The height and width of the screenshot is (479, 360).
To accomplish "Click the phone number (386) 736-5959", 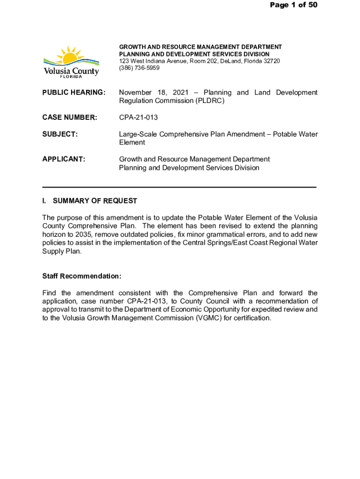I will pyautogui.click(x=139, y=68).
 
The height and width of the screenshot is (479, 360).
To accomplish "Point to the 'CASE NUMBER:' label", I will pyautogui.click(x=70, y=117).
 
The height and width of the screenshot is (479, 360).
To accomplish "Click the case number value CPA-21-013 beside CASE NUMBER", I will pyautogui.click(x=138, y=117).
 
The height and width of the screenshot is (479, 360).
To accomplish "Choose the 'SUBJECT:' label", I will pyautogui.click(x=60, y=134).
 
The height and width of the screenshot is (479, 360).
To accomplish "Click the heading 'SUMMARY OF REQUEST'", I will pyautogui.click(x=95, y=201).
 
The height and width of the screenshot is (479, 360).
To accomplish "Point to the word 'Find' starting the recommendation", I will pyautogui.click(x=50, y=293).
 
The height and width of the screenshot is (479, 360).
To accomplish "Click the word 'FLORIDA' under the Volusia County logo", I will pyautogui.click(x=71, y=77).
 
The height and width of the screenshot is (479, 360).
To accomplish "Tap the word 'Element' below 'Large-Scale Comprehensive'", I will pyautogui.click(x=132, y=142).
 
